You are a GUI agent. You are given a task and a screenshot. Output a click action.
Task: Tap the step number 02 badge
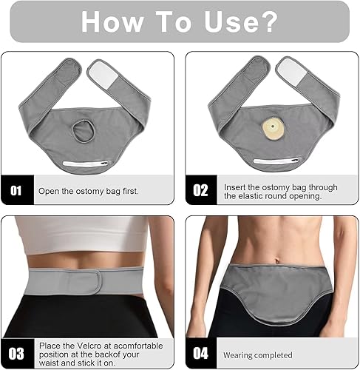coord(201,190)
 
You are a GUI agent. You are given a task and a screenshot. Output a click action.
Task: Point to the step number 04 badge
coord(201,353)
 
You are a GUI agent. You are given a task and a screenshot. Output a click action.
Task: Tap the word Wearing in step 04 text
coord(240,354)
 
